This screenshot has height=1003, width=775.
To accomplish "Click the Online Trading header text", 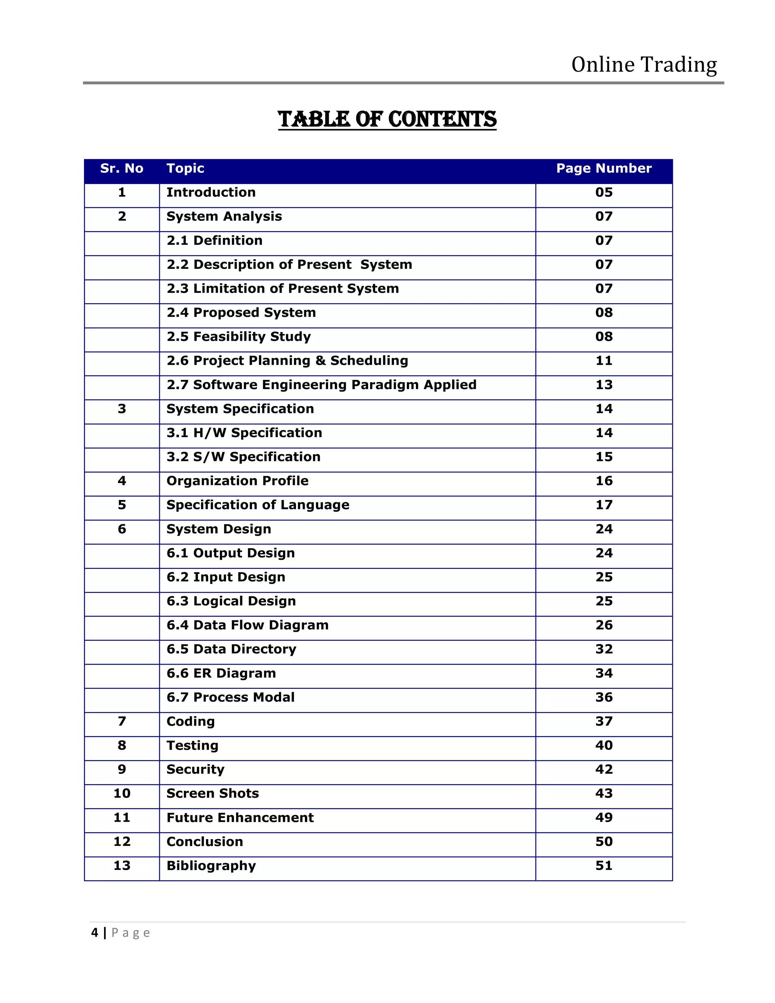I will click(644, 65).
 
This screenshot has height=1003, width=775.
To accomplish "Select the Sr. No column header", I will click(122, 168).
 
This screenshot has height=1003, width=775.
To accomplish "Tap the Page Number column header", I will click(604, 168).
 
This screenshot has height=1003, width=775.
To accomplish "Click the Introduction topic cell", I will click(211, 192).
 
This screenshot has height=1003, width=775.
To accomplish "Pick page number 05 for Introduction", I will click(604, 192).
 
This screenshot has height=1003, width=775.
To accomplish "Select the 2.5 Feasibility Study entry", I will click(238, 336).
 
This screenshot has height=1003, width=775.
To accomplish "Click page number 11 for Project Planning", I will click(604, 360).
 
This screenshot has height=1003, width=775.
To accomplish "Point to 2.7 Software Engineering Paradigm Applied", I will click(321, 385).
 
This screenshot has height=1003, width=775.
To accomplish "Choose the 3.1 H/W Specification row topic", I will click(244, 433).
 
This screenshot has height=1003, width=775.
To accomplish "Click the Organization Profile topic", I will click(237, 481).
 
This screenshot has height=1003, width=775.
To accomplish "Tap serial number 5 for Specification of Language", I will click(122, 505).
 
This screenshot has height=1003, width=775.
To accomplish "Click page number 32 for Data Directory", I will click(604, 649).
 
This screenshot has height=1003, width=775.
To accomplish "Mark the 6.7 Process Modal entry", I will click(230, 697).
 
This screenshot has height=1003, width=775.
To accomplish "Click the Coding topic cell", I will click(191, 721).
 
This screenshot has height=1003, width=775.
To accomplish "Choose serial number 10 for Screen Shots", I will click(122, 794).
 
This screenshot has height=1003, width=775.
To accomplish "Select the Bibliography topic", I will click(211, 866).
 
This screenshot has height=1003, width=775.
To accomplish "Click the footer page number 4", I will click(95, 933).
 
